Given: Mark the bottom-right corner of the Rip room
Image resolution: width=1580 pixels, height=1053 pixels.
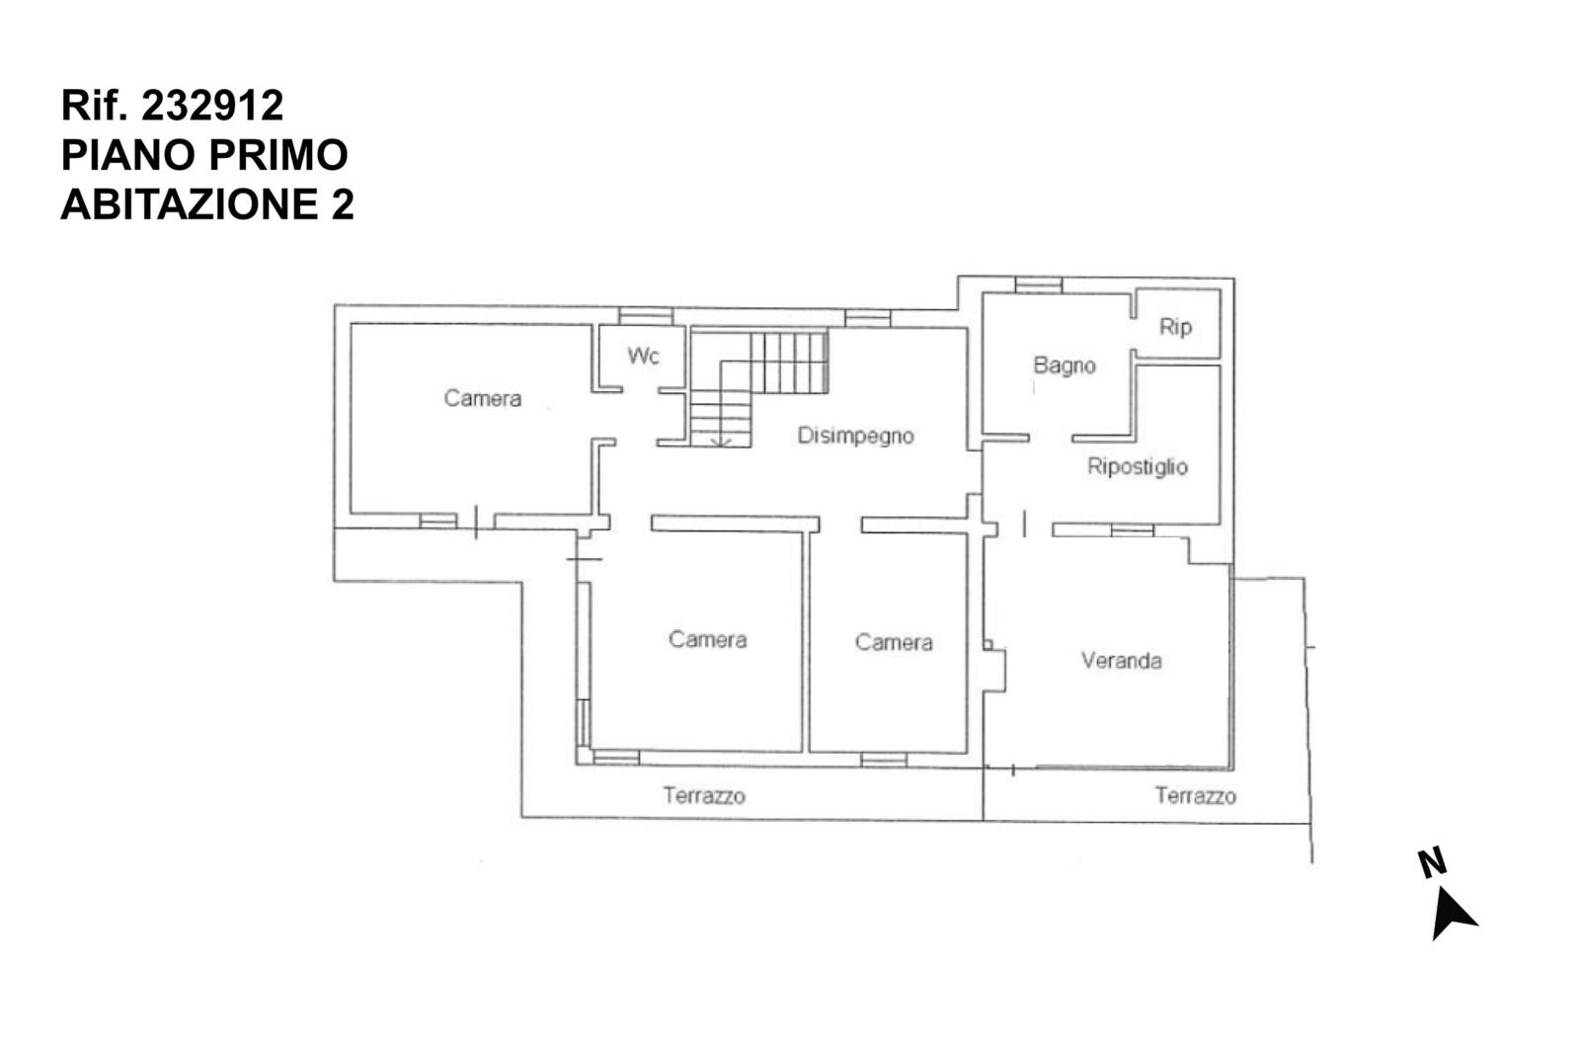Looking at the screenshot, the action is point(1221,358).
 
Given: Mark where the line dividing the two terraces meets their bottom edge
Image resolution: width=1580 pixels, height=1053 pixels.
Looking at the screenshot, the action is point(984,820).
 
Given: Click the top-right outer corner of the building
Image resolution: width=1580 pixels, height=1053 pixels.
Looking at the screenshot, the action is point(1233,279).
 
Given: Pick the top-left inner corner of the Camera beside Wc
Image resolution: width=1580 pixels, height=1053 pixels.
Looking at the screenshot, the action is point(352,324).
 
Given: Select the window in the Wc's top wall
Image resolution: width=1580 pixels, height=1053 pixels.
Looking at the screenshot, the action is point(646,315).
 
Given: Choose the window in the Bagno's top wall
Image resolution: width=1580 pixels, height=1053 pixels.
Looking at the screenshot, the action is point(1038,285).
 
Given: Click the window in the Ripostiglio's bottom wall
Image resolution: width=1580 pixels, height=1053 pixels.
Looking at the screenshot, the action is point(1132,529).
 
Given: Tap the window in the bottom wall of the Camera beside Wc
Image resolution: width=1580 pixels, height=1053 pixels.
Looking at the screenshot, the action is point(438,521).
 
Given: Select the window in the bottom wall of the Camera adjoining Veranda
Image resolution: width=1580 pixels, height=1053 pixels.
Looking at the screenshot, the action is point(884,760).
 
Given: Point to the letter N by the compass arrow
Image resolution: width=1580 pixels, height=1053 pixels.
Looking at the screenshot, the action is point(1433,862).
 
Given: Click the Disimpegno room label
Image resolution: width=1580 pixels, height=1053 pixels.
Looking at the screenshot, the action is point(855,436).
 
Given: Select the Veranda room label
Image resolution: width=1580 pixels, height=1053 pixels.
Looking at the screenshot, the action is point(1122,661).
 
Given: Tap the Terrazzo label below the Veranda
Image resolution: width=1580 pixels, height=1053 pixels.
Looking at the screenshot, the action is point(1196,796).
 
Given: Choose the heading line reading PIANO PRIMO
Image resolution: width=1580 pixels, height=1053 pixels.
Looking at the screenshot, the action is point(204,155).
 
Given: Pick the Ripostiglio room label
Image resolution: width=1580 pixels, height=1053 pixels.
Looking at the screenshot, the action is point(1138,466).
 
